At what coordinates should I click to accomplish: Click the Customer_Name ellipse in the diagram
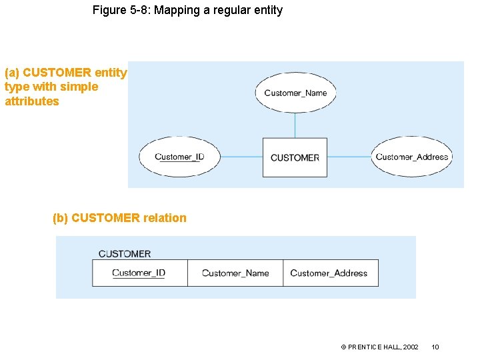295,93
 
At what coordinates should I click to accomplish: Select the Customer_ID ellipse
179,157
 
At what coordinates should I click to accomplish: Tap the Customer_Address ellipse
411,157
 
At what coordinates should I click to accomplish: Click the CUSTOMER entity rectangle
295,157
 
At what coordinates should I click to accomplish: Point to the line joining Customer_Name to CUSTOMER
295,125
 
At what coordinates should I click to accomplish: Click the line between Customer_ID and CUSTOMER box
241,157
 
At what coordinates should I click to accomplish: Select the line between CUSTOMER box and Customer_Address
349,157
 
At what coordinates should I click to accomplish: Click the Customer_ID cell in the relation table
139,273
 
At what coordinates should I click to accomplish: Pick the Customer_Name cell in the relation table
235,273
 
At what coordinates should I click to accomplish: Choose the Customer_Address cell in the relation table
330,273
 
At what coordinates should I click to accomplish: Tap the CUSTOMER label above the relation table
125,254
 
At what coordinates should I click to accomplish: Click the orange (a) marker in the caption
12,72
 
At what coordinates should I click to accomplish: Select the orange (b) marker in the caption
61,218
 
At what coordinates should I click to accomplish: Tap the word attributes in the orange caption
32,101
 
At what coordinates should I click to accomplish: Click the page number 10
435,347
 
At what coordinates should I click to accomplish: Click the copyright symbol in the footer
343,347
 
